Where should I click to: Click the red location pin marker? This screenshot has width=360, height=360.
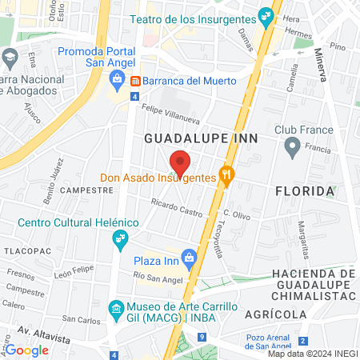pos(180,162)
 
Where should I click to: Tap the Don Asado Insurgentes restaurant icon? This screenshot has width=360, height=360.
pos(227,177)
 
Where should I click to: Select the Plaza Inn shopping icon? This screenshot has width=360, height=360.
pos(190,258)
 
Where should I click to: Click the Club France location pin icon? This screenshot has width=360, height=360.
pos(292,146)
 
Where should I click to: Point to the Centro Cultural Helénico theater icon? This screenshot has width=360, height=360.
pos(121,238)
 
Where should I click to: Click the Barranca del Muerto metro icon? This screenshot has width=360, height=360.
pos(136,81)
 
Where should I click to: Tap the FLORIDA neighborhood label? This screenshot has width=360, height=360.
pos(304,191)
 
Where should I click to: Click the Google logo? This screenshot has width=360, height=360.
pos(26,350)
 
